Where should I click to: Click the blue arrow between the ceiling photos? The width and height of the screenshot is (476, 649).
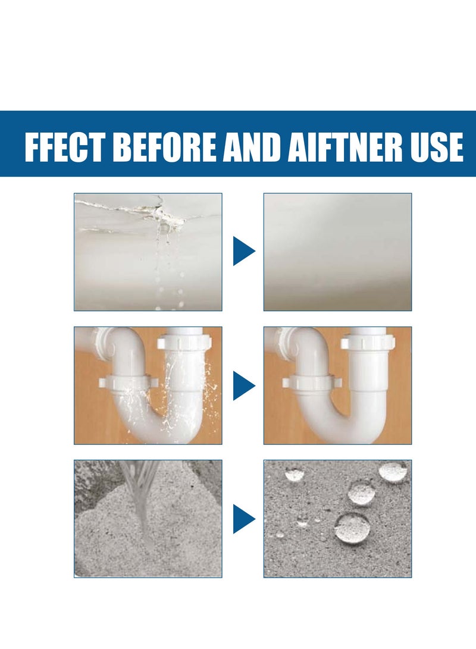243,251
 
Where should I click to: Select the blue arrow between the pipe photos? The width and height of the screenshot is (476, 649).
243,385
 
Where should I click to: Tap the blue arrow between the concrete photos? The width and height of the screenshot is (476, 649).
243,518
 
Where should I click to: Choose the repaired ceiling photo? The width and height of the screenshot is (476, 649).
337,251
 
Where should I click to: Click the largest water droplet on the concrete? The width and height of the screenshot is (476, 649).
352,527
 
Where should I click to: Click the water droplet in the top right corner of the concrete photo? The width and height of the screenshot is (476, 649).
394,471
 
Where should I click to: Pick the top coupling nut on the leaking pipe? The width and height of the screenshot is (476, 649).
184,343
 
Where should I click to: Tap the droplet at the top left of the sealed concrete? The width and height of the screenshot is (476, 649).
294,474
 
